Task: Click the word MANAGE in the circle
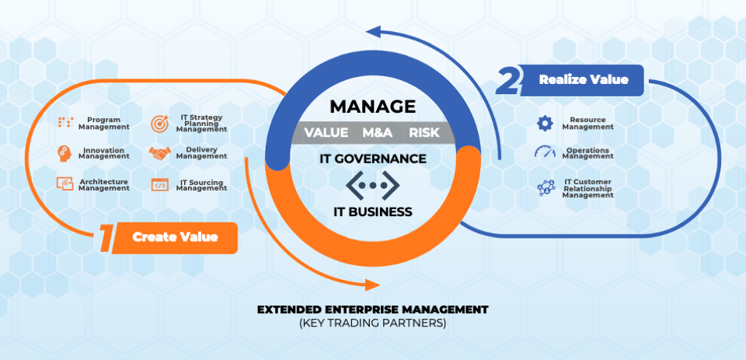(x=372, y=107)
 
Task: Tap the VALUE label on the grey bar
(x=326, y=133)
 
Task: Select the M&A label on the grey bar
(x=378, y=133)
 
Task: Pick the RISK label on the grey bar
(x=424, y=133)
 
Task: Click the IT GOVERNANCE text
(x=373, y=159)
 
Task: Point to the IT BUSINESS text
(x=372, y=211)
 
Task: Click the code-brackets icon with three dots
(x=372, y=185)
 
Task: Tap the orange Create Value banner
(x=175, y=237)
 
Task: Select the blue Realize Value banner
(x=583, y=80)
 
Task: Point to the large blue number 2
(x=507, y=80)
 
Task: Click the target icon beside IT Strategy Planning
(x=160, y=123)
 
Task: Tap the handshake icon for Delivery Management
(x=160, y=153)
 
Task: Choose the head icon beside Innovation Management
(x=63, y=153)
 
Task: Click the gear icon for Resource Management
(x=546, y=124)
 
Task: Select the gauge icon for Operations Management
(x=546, y=152)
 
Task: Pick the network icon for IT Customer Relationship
(x=546, y=187)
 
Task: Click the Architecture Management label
(x=103, y=185)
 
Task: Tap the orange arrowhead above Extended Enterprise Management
(x=372, y=285)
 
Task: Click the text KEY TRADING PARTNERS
(x=373, y=323)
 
